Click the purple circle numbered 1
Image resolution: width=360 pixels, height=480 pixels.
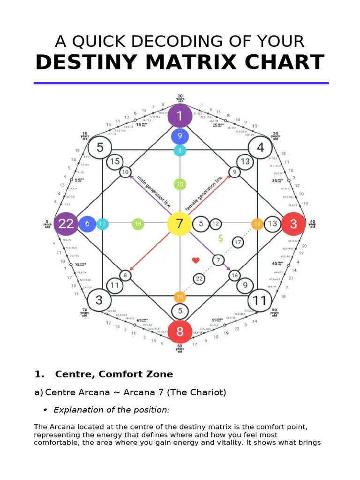click(180, 116)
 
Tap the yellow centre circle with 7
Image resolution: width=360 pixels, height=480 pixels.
click(180, 224)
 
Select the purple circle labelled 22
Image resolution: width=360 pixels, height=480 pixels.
click(66, 224)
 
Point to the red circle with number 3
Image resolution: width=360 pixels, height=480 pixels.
click(293, 224)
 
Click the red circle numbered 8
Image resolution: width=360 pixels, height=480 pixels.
click(180, 332)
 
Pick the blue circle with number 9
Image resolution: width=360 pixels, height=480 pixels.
click(180, 137)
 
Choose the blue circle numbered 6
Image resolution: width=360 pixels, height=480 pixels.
click(87, 224)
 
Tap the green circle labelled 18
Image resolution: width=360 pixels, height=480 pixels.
click(138, 224)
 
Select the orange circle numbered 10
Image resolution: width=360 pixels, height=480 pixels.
click(257, 224)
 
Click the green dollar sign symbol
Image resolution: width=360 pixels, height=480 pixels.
click(220, 239)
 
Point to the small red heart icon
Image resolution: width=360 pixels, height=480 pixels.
click(196, 260)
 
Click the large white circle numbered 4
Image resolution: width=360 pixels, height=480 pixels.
click(260, 148)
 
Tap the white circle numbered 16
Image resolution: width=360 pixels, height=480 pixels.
click(234, 275)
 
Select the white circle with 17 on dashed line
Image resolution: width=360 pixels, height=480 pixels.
click(238, 242)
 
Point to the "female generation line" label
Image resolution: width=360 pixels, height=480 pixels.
click(204, 193)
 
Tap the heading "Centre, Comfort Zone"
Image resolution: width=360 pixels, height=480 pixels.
click(114, 374)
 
